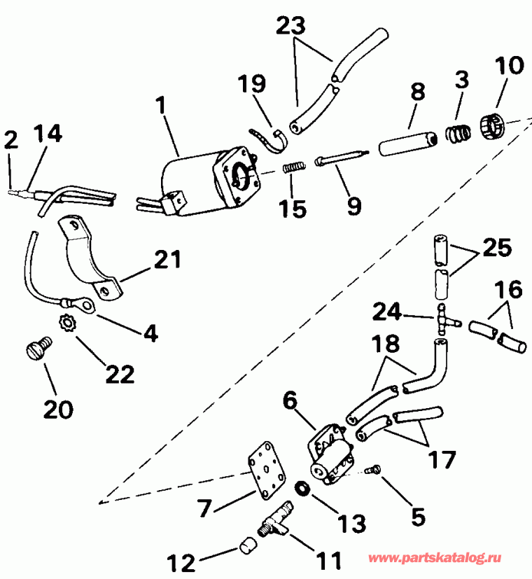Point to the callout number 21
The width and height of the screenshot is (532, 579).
click(x=169, y=261)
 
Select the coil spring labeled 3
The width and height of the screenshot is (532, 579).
click(x=458, y=131)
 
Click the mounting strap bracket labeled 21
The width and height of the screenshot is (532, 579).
click(x=91, y=259)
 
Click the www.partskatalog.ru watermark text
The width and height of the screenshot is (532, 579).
click(x=447, y=558)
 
